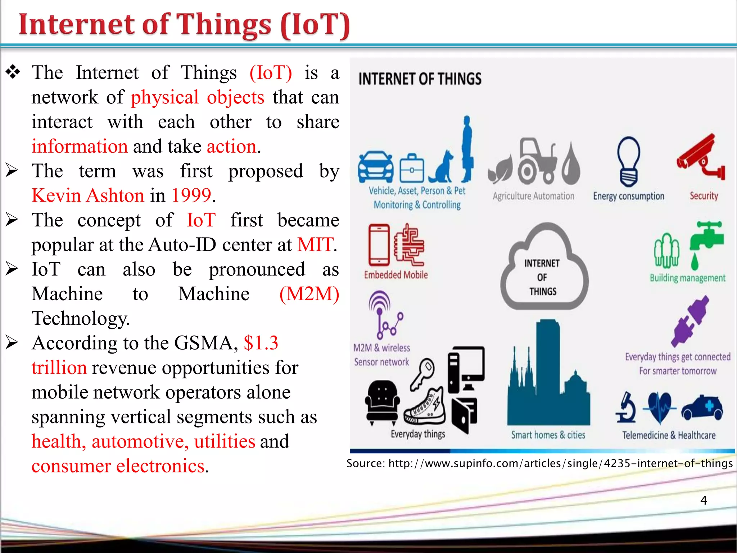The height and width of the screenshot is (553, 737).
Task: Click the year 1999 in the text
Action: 191,195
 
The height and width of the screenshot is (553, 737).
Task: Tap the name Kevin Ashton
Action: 88,195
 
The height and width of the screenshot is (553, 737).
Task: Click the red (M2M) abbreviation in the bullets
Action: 309,294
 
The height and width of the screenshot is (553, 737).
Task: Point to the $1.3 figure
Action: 261,343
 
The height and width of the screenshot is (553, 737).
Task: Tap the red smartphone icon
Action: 379,245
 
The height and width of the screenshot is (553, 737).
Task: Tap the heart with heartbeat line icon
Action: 659,407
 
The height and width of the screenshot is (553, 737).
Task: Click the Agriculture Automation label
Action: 533,196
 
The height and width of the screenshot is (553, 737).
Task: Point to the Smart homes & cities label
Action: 548,435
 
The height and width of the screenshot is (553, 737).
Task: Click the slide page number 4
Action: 704,500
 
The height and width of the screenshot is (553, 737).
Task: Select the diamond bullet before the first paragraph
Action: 13,72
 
